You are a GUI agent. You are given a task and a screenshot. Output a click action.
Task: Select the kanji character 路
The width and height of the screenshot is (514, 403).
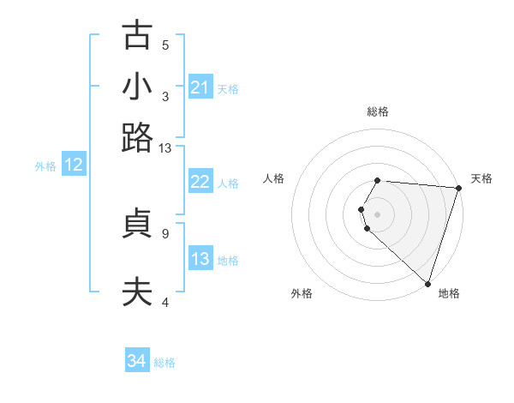[x=137, y=137]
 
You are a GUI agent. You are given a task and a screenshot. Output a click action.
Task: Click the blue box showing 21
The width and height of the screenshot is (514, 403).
[x=200, y=87]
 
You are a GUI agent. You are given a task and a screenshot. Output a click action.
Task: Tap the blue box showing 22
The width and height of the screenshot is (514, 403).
[x=200, y=182]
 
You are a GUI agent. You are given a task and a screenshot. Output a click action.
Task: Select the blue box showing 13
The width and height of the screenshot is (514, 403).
[x=200, y=259]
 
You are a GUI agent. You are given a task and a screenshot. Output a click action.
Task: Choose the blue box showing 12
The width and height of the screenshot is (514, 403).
[x=74, y=165]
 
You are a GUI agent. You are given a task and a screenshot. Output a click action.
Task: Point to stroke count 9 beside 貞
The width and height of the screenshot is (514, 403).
[x=165, y=232]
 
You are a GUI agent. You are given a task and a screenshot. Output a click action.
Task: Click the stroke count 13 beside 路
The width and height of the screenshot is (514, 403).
[x=165, y=148]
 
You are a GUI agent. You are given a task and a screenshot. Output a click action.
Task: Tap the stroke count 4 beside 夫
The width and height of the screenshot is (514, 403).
[x=165, y=302]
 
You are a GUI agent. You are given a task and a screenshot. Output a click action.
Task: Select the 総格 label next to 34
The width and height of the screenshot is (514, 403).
[x=164, y=363]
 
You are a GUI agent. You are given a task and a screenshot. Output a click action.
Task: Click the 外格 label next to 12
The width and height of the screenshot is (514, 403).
[x=45, y=166]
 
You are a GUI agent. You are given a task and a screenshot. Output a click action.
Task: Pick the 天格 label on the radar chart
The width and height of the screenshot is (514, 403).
[x=481, y=178]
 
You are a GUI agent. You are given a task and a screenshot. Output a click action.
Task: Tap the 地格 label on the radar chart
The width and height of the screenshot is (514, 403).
[x=449, y=293]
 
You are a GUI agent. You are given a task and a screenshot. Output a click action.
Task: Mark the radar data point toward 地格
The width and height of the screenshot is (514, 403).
[x=427, y=283]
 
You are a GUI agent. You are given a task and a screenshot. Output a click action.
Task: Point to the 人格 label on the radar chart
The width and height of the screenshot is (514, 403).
[x=274, y=178]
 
